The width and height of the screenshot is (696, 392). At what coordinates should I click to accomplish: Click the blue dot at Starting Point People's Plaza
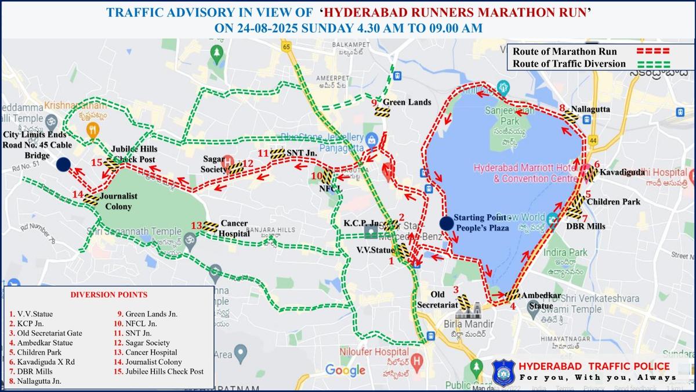[446, 224]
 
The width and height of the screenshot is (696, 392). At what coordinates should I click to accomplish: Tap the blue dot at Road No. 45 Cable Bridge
[64, 164]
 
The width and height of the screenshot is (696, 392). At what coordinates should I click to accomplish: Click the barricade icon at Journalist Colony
[91, 199]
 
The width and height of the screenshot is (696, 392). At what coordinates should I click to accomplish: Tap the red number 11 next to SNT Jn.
[263, 153]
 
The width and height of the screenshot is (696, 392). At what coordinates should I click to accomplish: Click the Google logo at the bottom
[345, 370]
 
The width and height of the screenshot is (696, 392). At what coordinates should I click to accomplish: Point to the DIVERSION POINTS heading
[108, 294]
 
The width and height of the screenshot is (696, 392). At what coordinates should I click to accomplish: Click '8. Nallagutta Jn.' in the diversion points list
[35, 381]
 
